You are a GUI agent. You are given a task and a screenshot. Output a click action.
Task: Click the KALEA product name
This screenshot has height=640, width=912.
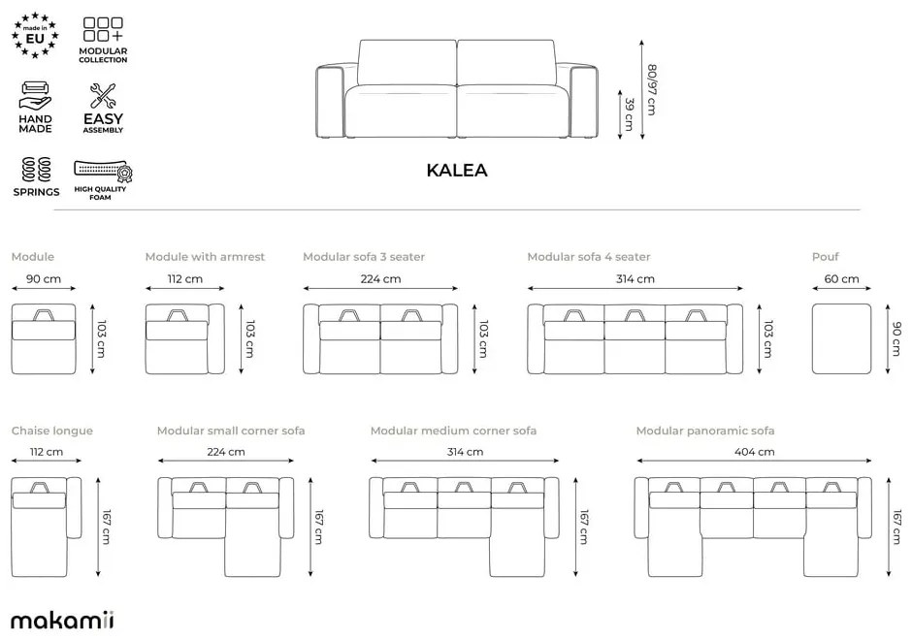pyautogui.click(x=457, y=171)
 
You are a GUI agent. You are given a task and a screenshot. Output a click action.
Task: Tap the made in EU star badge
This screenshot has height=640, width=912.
pyautogui.click(x=35, y=36)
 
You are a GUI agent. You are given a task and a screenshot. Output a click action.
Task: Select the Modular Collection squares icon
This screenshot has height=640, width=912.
pyautogui.click(x=103, y=29)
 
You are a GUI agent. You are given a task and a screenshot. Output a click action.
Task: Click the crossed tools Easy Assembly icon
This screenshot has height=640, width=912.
pyautogui.click(x=103, y=96)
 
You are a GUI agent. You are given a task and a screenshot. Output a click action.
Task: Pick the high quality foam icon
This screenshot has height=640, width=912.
pyautogui.click(x=103, y=171)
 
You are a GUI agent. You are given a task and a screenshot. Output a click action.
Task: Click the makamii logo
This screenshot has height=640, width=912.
pyautogui.click(x=62, y=621)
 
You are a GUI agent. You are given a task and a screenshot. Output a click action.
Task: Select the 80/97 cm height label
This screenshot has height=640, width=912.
pyautogui.click(x=651, y=89)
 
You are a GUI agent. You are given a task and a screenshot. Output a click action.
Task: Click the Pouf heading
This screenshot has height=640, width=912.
pyautogui.click(x=826, y=256)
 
